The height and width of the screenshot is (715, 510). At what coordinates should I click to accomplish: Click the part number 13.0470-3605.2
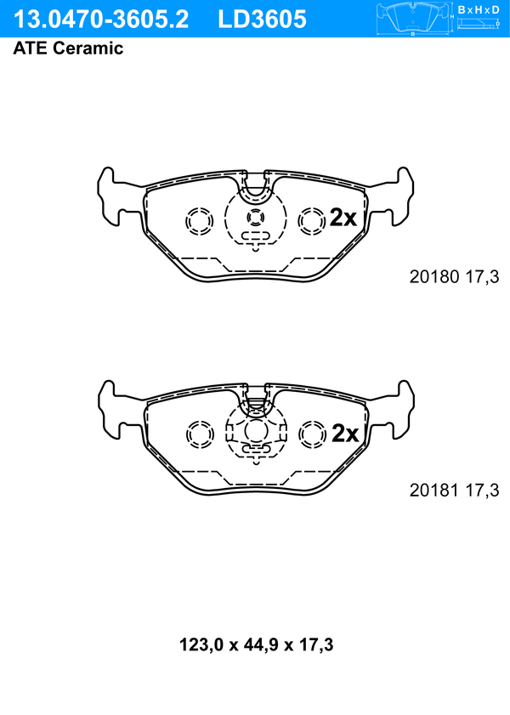(100, 20)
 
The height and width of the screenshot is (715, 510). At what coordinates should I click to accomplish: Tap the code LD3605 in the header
(262, 20)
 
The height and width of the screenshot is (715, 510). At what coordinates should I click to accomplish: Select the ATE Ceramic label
(68, 48)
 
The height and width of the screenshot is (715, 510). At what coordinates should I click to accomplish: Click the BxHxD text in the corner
(479, 9)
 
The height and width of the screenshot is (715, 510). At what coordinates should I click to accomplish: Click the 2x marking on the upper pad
(343, 218)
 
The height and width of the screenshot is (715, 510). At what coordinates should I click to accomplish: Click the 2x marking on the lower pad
(345, 434)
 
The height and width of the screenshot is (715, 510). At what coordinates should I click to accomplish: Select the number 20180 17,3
(455, 277)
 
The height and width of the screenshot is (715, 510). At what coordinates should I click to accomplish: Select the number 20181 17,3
(455, 491)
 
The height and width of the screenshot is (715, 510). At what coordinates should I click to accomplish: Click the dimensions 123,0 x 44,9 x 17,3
(256, 644)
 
